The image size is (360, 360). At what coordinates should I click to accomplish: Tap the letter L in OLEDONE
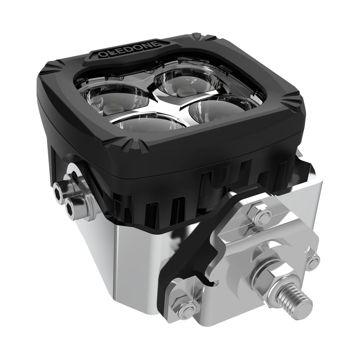pyautogui.click(x=109, y=54)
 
